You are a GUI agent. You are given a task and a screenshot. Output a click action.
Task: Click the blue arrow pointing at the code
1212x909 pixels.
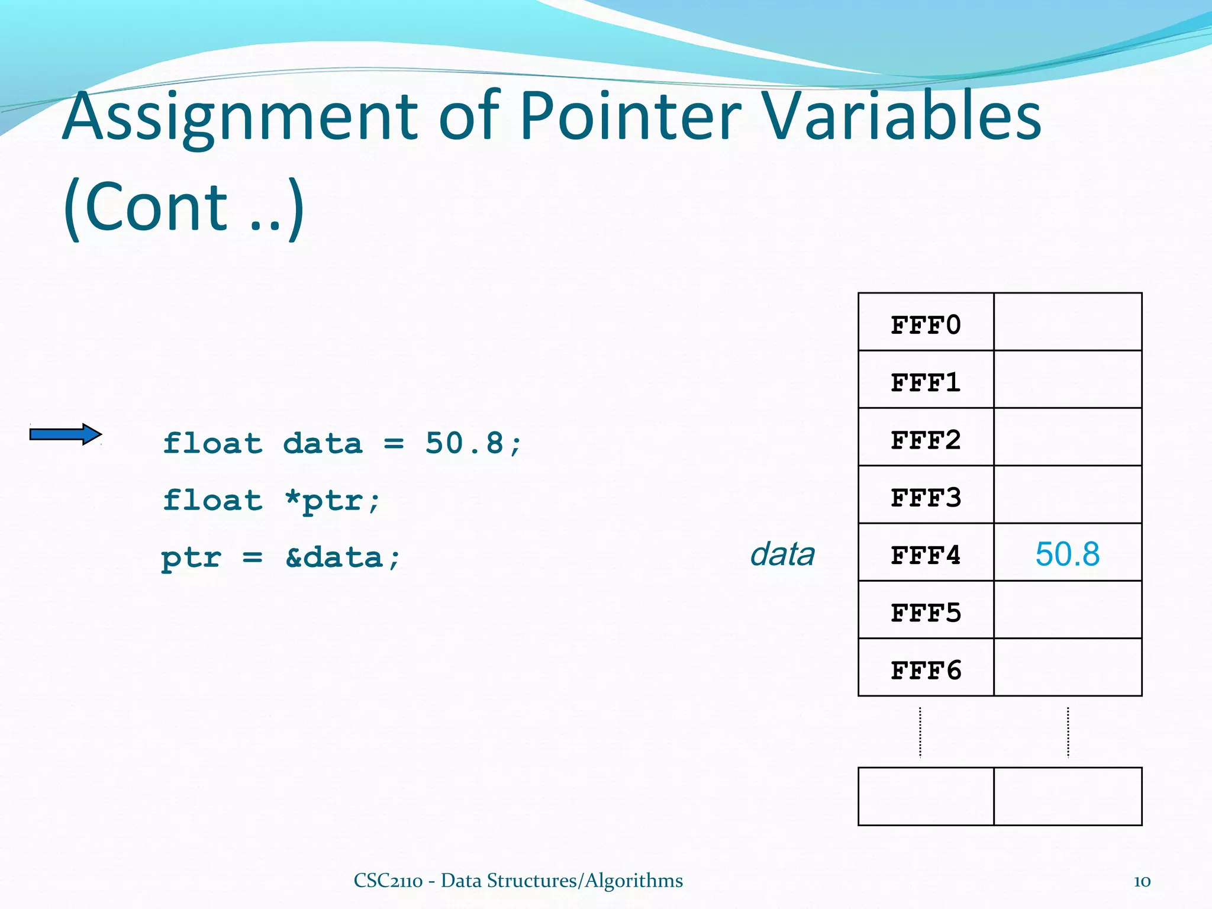(65, 434)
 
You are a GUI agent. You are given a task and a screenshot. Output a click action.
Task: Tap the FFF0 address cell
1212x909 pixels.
(926, 324)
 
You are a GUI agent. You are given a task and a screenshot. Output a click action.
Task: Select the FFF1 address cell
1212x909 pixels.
(926, 382)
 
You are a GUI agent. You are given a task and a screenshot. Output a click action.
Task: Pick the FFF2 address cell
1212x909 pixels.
(926, 439)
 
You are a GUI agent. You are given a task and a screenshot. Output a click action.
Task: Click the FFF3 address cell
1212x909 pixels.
(926, 497)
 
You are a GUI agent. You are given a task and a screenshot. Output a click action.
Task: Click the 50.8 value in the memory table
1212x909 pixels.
(1067, 555)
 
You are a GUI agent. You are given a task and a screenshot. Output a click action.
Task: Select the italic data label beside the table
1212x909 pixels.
(782, 555)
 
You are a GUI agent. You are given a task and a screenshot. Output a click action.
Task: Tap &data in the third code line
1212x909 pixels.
(334, 557)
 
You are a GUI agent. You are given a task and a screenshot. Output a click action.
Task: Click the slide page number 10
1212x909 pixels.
(1142, 881)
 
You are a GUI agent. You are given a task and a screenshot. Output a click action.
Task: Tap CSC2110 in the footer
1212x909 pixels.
(388, 881)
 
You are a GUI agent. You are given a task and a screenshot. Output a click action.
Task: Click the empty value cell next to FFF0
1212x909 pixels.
(1067, 322)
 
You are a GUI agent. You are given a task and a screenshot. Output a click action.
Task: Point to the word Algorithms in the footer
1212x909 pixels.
(634, 881)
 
